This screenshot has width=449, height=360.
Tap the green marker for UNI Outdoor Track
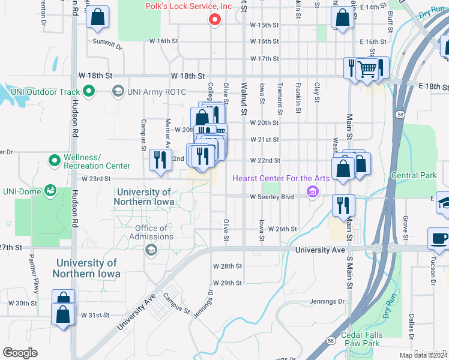[x=89, y=91]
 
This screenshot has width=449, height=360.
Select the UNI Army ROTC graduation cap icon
[x=118, y=91]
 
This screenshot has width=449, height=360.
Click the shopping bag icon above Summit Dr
[x=97, y=18]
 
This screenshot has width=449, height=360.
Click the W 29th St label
[x=227, y=283]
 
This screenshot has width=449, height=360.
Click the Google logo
[x=20, y=353]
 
